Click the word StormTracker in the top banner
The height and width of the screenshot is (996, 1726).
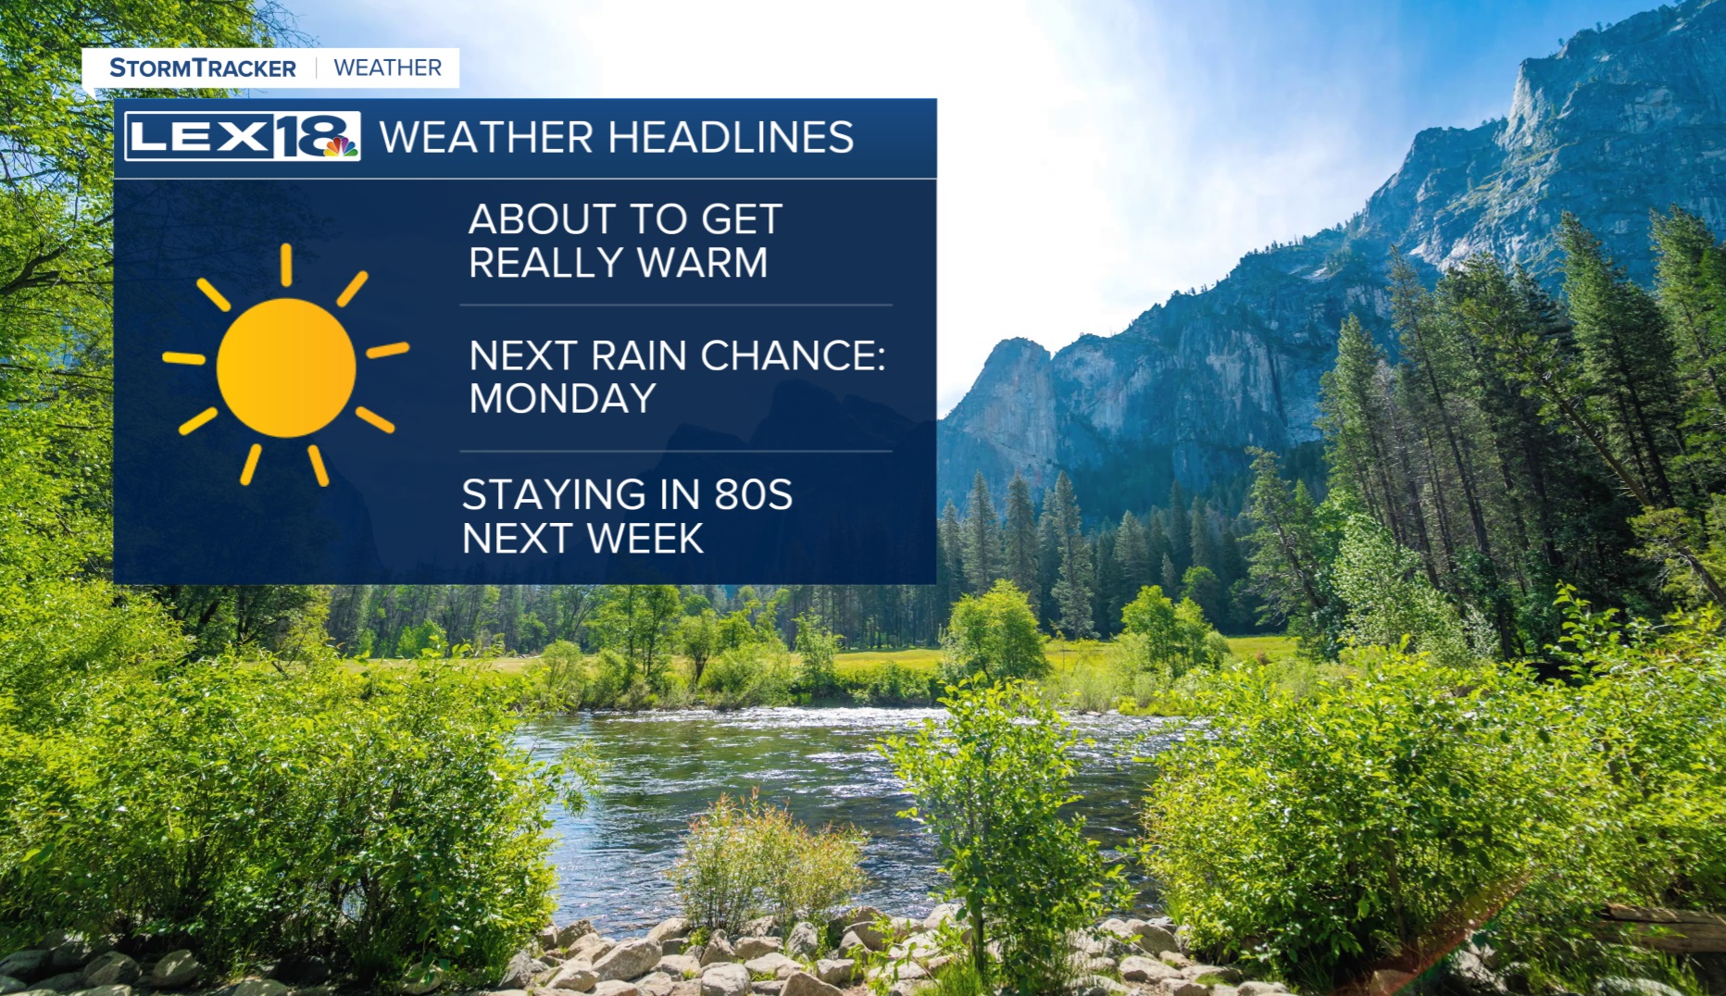coord(203,68)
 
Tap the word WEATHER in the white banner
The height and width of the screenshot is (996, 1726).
coord(387,68)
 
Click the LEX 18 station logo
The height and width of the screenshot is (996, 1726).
coord(243,137)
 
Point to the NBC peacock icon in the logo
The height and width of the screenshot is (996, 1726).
coord(340,146)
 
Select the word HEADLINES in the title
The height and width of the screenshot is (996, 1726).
coord(731,138)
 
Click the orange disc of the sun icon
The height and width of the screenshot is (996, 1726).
coord(286,367)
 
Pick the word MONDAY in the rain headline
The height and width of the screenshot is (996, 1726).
coord(562,399)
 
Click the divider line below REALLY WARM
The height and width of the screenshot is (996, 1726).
coord(676,305)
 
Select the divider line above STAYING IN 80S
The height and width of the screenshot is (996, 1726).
coord(676,452)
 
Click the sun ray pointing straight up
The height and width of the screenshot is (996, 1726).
coord(286,265)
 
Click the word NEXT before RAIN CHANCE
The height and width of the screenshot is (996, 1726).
coord(525,355)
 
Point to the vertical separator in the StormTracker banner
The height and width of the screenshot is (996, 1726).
coord(316,68)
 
